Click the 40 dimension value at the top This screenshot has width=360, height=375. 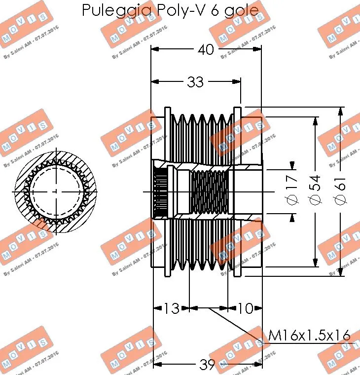coord(207,49)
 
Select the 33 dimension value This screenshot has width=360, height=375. coord(195,82)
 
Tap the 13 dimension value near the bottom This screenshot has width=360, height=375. coord(171,309)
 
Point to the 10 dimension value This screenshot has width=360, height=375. coord(245,309)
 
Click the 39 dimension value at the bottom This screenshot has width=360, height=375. coord(208,365)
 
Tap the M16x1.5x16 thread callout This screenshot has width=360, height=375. coord(309,336)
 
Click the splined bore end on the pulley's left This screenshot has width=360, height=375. coord(159,191)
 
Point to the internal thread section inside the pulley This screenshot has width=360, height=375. coord(210,191)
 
